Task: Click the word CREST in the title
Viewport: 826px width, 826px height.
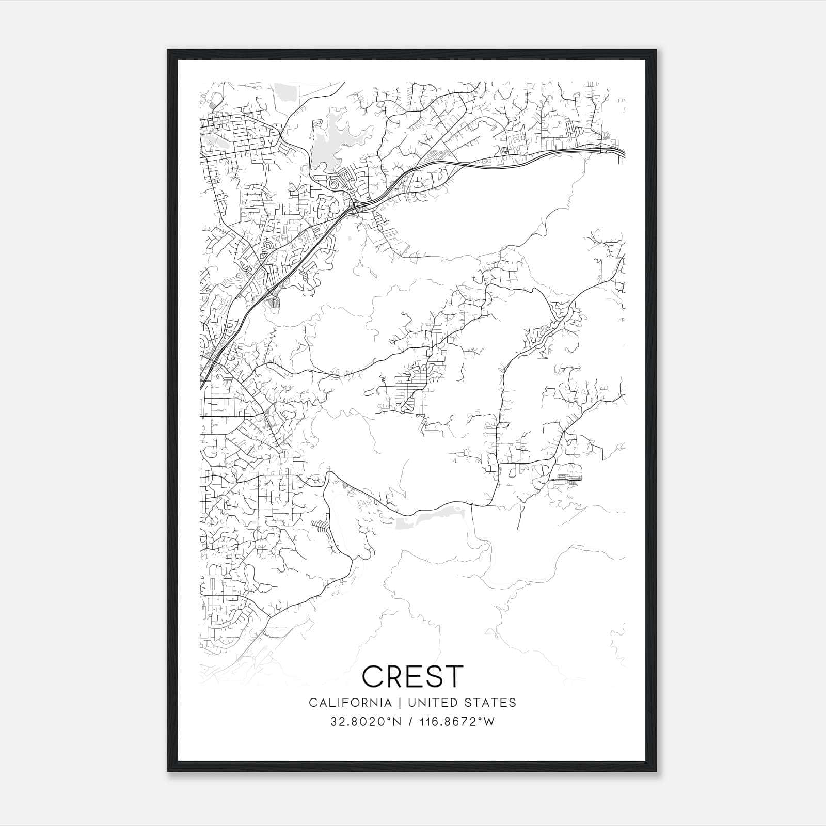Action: [x=413, y=676]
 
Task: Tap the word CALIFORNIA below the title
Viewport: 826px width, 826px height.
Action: [x=350, y=703]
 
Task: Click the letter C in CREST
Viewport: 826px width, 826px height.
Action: [x=373, y=676]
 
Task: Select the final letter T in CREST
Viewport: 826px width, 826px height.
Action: [x=454, y=676]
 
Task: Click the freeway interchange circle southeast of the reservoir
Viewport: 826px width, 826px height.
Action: [x=355, y=208]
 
